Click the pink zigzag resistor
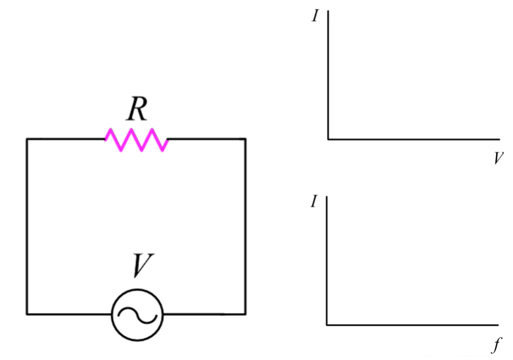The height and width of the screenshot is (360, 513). click(x=137, y=140)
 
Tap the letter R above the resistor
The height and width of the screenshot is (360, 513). click(x=137, y=110)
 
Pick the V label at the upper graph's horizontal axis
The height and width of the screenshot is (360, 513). click(x=497, y=158)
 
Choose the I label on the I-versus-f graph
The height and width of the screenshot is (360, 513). click(x=314, y=202)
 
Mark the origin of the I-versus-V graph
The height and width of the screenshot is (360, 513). click(x=328, y=139)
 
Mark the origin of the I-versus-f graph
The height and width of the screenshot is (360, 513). click(x=327, y=325)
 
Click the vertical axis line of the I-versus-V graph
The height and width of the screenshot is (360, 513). click(x=328, y=76)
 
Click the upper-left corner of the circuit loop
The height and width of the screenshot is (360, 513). click(x=27, y=139)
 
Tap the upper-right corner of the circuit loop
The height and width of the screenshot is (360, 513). click(x=246, y=139)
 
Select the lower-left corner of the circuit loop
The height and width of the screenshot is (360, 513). click(x=27, y=314)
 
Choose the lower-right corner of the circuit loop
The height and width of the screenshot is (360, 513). click(x=246, y=314)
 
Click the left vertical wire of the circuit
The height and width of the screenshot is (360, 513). click(x=27, y=227)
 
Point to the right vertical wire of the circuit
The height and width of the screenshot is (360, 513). click(x=246, y=227)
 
